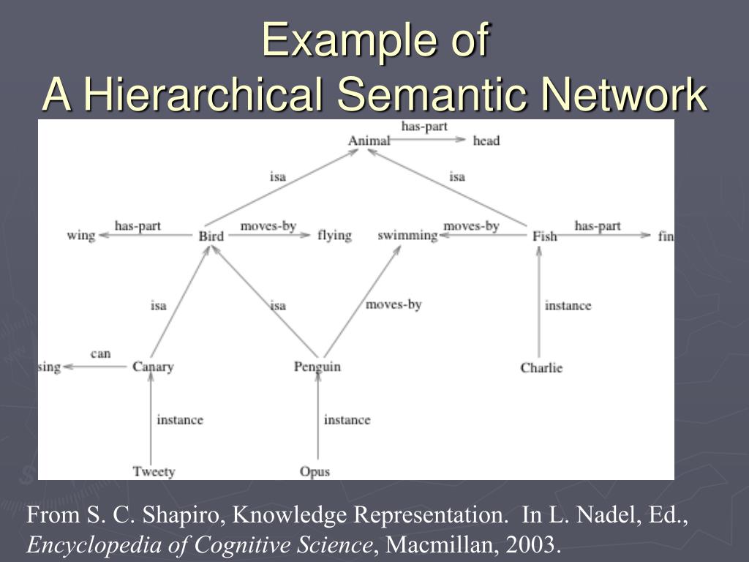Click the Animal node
(x=369, y=140)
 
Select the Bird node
(x=211, y=236)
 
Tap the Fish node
(x=544, y=236)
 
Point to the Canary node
(x=153, y=367)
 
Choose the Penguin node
(x=317, y=367)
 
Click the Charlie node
(x=541, y=367)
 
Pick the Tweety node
(x=154, y=471)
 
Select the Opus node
(x=315, y=471)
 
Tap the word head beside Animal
(x=486, y=140)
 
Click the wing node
(x=81, y=236)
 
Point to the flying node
(x=334, y=236)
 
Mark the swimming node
(x=407, y=236)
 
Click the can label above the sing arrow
(x=101, y=353)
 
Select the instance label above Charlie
(x=568, y=305)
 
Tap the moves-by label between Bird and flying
(x=268, y=226)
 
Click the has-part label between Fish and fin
(x=598, y=226)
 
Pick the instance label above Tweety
(x=180, y=419)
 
